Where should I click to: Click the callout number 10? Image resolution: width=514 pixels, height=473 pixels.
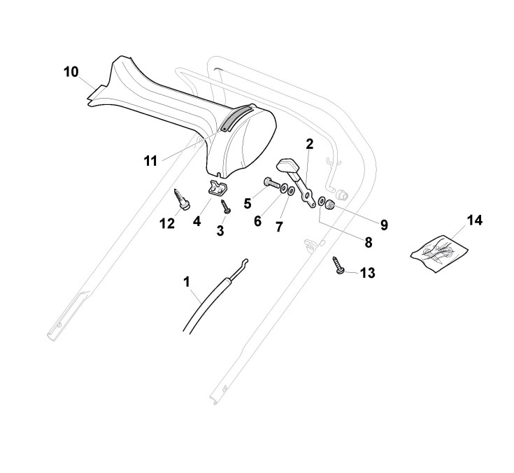pos(71,71)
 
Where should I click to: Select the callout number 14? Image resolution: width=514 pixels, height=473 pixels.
pos(474,220)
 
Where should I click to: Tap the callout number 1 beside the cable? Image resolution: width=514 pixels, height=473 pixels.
pos(186,281)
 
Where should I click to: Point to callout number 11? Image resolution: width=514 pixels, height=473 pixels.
pos(151,160)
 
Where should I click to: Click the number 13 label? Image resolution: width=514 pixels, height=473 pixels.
pos(367,273)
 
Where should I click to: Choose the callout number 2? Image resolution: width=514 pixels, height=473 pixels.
pos(309,145)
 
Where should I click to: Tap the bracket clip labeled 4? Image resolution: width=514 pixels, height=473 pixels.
pos(217,188)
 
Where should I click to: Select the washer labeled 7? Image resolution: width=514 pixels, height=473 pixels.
pos(290,191)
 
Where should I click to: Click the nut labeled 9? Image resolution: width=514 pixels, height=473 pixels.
pos(331,206)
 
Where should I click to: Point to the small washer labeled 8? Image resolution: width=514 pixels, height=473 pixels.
pos(322,202)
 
